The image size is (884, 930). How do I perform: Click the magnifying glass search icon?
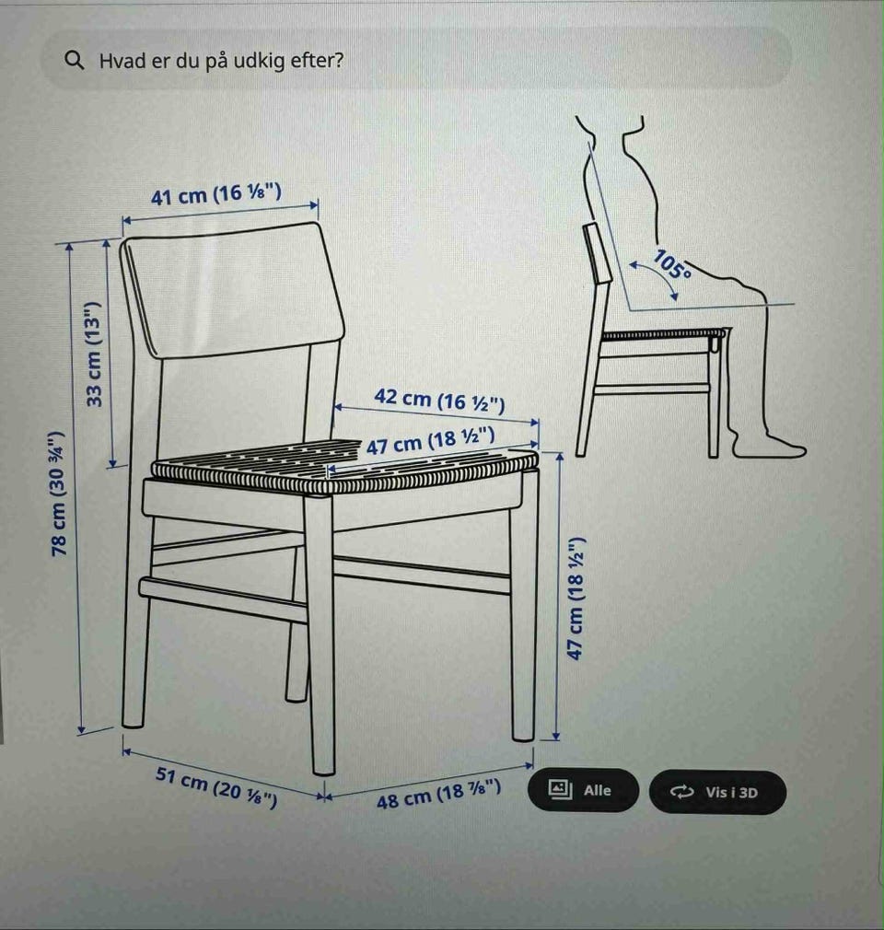(75, 60)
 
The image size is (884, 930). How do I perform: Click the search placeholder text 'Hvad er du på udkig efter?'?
(221, 61)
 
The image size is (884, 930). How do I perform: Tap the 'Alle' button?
(583, 790)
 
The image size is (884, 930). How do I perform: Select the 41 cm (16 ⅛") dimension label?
(216, 194)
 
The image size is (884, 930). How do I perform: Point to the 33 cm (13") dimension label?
(94, 355)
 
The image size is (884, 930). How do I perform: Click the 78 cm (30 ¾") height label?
(58, 494)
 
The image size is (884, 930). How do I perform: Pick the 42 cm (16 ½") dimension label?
(439, 400)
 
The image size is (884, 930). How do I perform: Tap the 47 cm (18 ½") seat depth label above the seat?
(430, 441)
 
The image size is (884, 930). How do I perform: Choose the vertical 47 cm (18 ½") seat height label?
(576, 599)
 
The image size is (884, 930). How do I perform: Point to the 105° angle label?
(672, 265)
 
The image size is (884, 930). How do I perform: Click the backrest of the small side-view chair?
(597, 254)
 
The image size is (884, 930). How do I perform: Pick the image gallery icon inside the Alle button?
(560, 789)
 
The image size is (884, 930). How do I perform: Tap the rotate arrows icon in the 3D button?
(681, 792)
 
